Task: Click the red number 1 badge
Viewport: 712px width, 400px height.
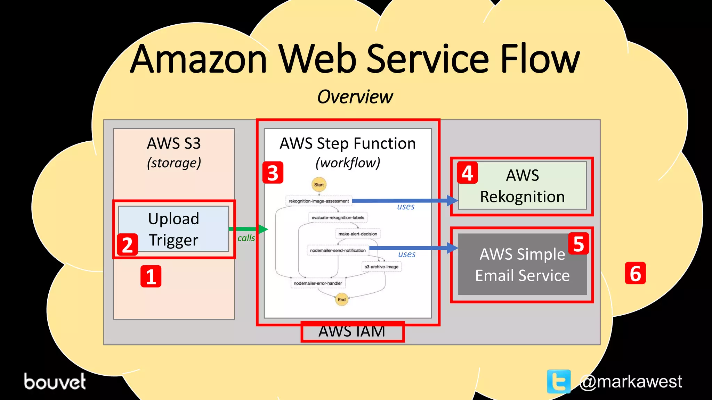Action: pyautogui.click(x=151, y=276)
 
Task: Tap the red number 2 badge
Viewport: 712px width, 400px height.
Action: pyautogui.click(x=127, y=244)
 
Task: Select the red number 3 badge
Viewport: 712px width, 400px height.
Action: pyautogui.click(x=273, y=173)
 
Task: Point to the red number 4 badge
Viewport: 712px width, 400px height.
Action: pyautogui.click(x=467, y=173)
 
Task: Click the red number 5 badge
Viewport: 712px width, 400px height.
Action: pyautogui.click(x=578, y=244)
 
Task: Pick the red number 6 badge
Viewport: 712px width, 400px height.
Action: pyautogui.click(x=635, y=273)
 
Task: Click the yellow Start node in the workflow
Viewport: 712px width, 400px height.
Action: pyautogui.click(x=319, y=185)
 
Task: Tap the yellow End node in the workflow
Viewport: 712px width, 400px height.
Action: pyautogui.click(x=342, y=299)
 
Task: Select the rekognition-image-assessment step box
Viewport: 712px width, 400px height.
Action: pyautogui.click(x=319, y=201)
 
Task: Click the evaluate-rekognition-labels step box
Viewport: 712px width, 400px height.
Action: pyautogui.click(x=338, y=218)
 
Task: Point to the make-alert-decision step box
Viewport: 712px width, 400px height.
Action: pyautogui.click(x=358, y=234)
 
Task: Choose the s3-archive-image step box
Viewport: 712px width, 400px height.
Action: pyautogui.click(x=381, y=267)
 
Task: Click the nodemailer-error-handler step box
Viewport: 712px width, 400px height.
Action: pyautogui.click(x=318, y=283)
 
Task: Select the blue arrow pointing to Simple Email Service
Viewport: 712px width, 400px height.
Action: pyautogui.click(x=414, y=248)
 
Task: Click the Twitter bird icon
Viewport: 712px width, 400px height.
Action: pyautogui.click(x=559, y=381)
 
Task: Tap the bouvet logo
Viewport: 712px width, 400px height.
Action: pyautogui.click(x=55, y=381)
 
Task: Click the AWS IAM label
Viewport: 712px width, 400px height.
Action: pyautogui.click(x=352, y=332)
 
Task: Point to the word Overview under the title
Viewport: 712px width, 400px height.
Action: pyautogui.click(x=355, y=97)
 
